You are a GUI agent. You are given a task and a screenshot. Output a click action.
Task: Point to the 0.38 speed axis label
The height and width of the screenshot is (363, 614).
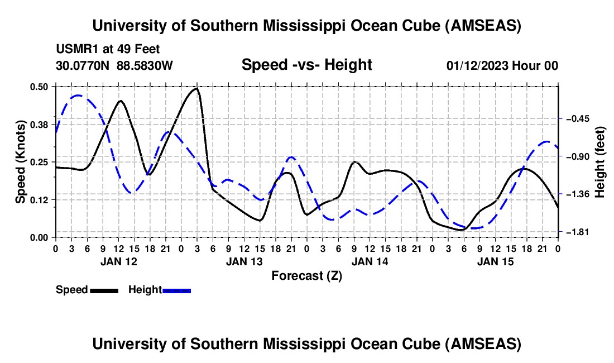tap(41, 124)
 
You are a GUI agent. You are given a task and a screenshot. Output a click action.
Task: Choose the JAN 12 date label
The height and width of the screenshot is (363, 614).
tap(118, 261)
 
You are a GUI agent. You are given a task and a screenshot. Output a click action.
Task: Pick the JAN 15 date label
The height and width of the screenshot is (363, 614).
tap(495, 261)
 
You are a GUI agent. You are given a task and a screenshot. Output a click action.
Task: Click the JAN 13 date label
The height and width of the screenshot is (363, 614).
tap(243, 261)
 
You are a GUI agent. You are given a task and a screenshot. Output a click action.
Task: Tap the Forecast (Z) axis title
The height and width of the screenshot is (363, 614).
tap(306, 275)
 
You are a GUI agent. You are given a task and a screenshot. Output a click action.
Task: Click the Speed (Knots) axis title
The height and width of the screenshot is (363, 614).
tap(21, 161)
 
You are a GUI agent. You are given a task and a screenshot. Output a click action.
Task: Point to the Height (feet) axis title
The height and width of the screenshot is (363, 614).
tap(600, 161)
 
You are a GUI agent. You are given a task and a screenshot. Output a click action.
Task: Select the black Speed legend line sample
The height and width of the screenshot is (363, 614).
tap(104, 290)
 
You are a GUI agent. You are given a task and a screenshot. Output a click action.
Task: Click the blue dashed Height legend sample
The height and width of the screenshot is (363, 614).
tap(176, 290)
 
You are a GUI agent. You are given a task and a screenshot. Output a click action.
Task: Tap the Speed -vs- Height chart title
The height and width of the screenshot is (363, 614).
tap(306, 65)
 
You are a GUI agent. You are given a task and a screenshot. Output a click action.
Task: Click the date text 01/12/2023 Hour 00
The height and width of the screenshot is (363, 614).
tap(502, 66)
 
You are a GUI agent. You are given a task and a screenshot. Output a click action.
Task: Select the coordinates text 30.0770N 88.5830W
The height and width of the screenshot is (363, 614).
tap(114, 66)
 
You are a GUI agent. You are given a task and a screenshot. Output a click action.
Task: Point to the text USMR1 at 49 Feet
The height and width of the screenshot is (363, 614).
tap(108, 49)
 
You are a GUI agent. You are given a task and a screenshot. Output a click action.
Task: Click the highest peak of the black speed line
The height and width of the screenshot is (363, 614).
tap(196, 88)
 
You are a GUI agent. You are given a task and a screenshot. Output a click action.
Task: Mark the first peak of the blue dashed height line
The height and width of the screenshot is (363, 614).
tap(78, 95)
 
